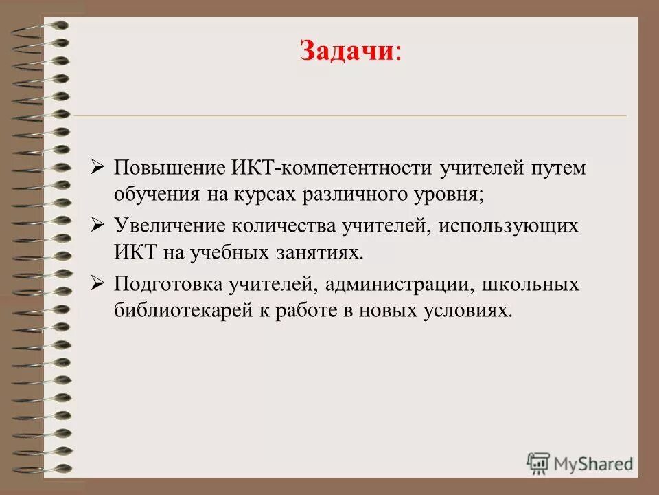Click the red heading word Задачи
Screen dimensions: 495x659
coord(345,52)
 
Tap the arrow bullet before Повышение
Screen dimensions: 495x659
coord(97,168)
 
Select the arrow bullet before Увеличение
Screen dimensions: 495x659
coord(97,225)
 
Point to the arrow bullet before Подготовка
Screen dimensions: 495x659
coord(97,283)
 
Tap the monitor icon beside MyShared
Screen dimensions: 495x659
coord(539,463)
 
